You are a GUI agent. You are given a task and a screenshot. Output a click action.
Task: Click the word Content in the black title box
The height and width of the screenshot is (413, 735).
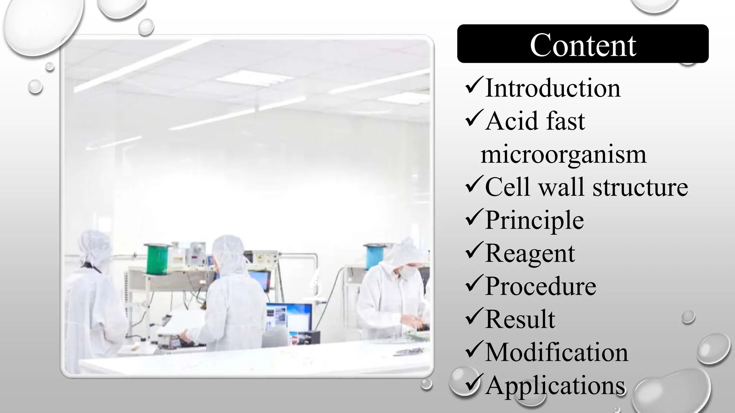pyautogui.click(x=583, y=45)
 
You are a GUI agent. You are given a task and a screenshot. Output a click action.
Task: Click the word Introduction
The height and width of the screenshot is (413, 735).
pyautogui.click(x=553, y=88)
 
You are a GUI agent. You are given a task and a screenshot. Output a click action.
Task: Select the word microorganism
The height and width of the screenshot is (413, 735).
pyautogui.click(x=563, y=154)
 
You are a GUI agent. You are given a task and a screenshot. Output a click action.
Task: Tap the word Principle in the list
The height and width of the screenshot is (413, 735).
pyautogui.click(x=534, y=220)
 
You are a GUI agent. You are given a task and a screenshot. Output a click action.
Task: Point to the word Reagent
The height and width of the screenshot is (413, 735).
pyautogui.click(x=530, y=253)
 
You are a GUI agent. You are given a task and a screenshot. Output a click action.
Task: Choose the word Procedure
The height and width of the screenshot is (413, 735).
pyautogui.click(x=540, y=286)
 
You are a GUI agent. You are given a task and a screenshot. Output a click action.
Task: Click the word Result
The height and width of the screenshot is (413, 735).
pyautogui.click(x=520, y=319)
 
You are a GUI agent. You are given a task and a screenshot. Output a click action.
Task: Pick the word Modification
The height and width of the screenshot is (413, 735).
pyautogui.click(x=557, y=352)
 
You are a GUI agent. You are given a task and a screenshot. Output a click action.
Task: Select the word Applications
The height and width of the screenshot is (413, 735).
pyautogui.click(x=555, y=385)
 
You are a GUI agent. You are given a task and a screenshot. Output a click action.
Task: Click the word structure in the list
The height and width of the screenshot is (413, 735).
pyautogui.click(x=640, y=187)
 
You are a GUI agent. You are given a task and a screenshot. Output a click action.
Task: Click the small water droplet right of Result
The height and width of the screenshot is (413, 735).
pyautogui.click(x=688, y=317)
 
